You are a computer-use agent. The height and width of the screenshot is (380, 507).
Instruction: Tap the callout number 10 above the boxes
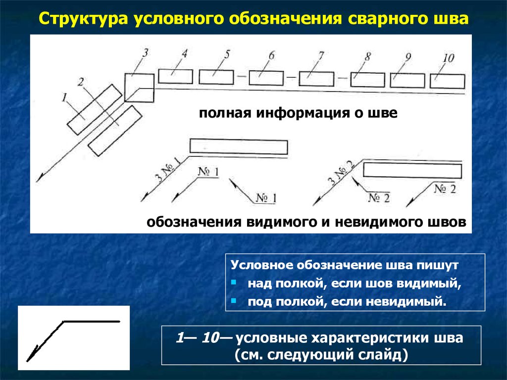(448, 57)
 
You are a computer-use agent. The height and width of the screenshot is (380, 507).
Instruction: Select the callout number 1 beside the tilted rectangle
(64, 97)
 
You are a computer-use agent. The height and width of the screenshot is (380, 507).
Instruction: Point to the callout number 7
(321, 55)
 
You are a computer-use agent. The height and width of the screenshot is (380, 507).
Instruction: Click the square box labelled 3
(139, 87)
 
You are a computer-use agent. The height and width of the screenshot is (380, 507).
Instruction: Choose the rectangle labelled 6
(266, 78)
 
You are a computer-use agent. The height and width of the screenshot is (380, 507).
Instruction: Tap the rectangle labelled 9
(407, 80)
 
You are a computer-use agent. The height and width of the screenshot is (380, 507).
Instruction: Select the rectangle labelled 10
(447, 81)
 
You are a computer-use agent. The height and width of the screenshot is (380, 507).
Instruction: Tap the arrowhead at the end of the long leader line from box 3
(41, 178)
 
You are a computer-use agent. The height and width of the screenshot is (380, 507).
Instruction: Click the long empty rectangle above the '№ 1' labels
(239, 147)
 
